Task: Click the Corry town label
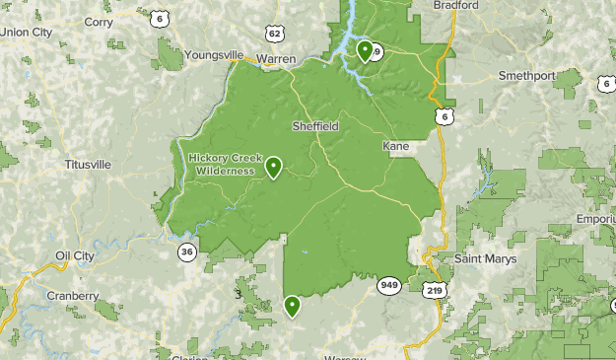point(99,22)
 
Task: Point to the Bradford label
point(456,6)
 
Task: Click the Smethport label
point(526,75)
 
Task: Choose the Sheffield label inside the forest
point(315,126)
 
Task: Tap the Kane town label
point(395,146)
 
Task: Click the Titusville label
point(88,164)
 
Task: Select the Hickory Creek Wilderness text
point(222,164)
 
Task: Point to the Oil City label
point(75,255)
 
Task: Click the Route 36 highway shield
point(186,252)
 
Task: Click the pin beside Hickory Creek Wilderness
point(273,168)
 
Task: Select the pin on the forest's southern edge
point(292,306)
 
